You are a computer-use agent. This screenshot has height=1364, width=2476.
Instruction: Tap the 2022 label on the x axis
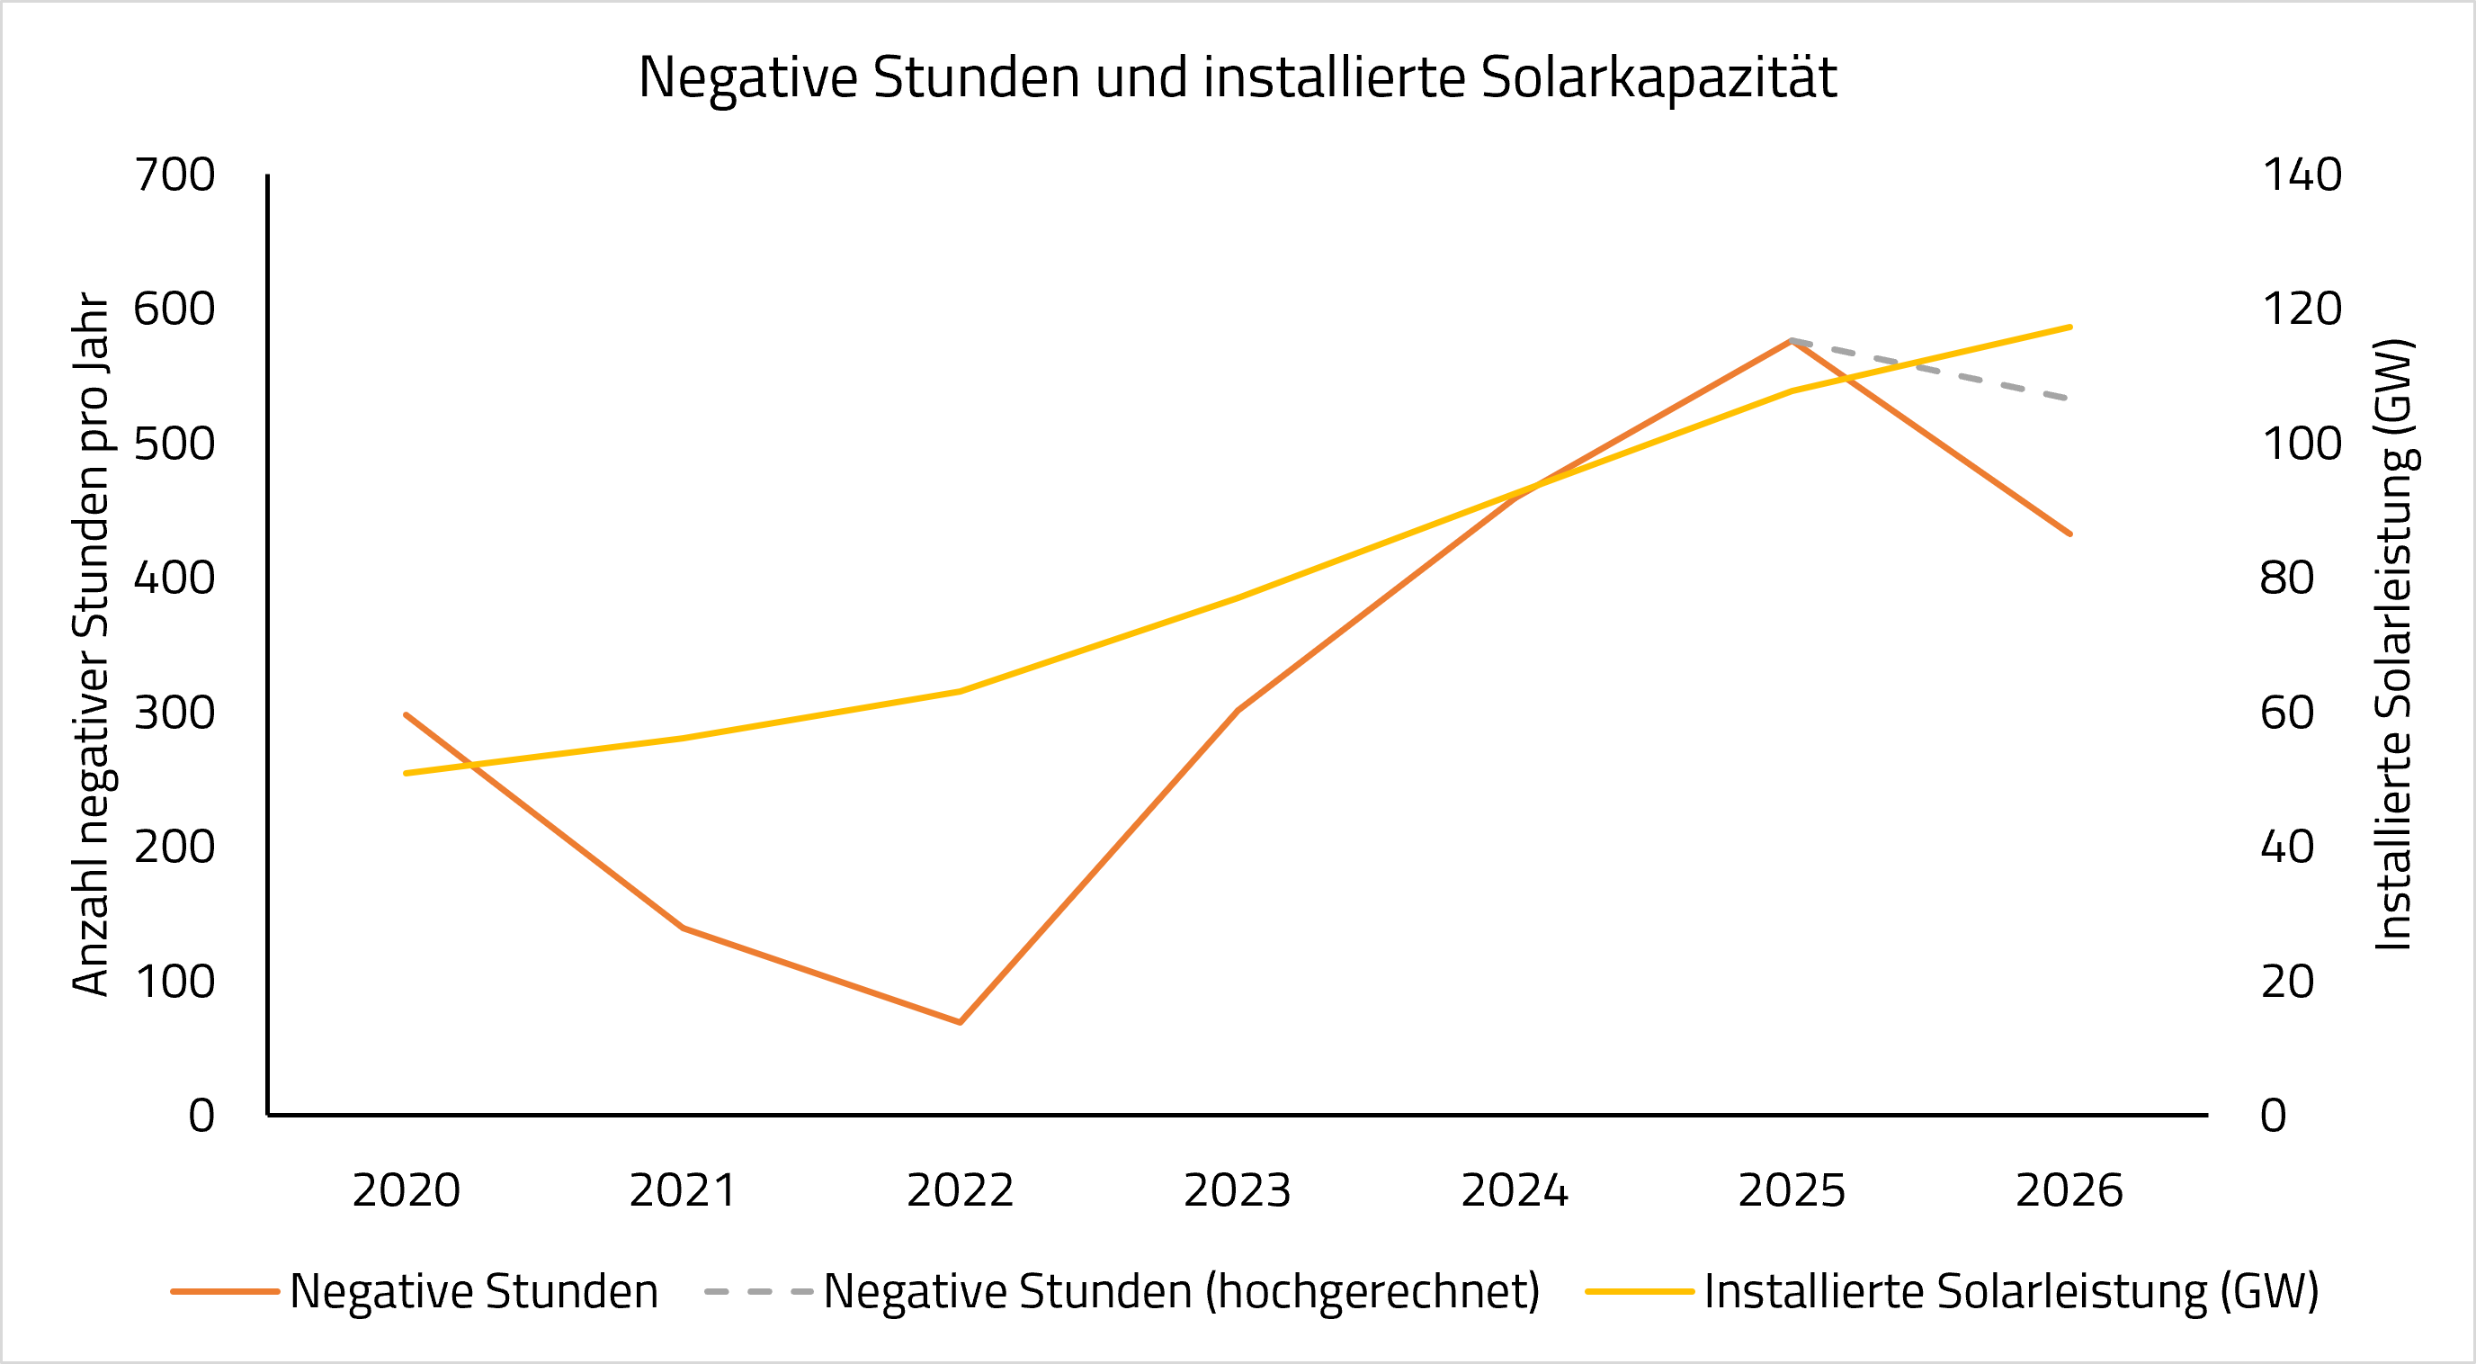(x=961, y=1190)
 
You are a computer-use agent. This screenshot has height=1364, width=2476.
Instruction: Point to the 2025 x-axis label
(x=1792, y=1190)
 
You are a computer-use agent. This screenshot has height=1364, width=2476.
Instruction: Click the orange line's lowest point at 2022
(x=961, y=1022)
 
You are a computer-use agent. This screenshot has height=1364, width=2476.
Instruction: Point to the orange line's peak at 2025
(x=1792, y=340)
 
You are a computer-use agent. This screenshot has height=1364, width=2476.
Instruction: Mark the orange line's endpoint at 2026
(x=2070, y=534)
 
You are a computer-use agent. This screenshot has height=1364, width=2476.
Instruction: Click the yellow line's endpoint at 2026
(x=2070, y=327)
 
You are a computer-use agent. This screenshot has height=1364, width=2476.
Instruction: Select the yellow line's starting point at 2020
(x=406, y=773)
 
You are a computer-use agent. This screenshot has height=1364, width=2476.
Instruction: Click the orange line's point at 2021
(x=683, y=928)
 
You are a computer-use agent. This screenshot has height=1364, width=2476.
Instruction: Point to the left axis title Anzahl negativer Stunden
(x=92, y=644)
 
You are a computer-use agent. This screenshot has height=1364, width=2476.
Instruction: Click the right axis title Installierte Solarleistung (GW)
(x=2396, y=644)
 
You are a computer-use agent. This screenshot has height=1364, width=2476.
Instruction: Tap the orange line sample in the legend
(x=225, y=1292)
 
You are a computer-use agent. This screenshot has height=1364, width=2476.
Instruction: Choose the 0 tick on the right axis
(x=2274, y=1115)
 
